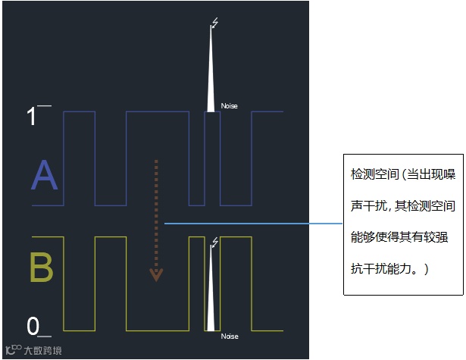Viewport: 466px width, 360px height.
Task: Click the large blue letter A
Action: (x=44, y=177)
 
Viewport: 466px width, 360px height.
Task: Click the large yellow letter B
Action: (x=42, y=268)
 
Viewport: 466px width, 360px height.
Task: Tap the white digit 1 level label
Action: (x=32, y=117)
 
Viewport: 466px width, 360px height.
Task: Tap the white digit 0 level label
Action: (x=33, y=327)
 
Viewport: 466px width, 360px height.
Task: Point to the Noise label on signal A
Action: (x=229, y=106)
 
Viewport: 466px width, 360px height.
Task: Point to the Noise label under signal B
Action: (x=229, y=336)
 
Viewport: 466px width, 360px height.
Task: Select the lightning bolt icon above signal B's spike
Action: (x=215, y=242)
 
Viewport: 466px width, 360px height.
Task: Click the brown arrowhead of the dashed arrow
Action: (x=156, y=274)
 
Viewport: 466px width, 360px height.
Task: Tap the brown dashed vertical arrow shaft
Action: (x=156, y=212)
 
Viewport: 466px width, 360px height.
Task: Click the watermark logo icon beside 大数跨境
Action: (x=13, y=350)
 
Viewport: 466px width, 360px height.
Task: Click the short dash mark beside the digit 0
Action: (x=45, y=335)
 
